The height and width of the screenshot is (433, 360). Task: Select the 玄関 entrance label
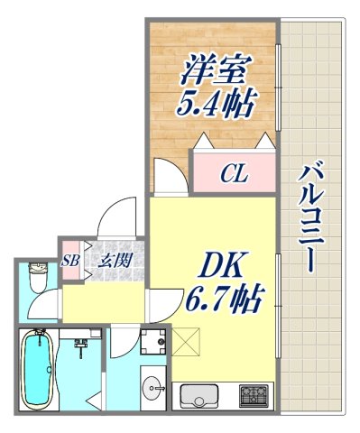[111, 262]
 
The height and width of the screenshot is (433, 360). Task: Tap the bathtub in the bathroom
[36, 370]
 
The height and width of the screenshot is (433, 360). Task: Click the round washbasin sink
[150, 382]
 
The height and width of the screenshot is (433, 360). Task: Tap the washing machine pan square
[152, 343]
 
